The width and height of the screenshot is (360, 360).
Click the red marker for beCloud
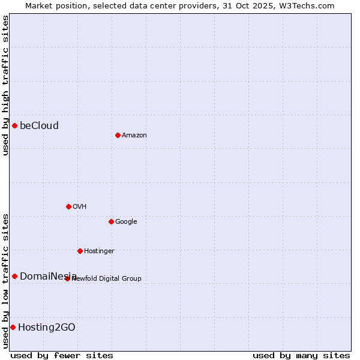pyautogui.click(x=14, y=125)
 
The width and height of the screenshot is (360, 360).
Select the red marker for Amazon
pyautogui.click(x=118, y=135)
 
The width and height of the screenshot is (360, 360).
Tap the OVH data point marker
pyautogui.click(x=68, y=206)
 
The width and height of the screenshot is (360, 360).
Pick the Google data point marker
pyautogui.click(x=111, y=221)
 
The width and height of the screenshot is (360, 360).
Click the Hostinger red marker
pyautogui.click(x=80, y=251)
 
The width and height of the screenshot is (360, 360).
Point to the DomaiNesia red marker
pyautogui.click(x=14, y=276)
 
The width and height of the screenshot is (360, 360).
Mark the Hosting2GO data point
pyautogui.click(x=13, y=327)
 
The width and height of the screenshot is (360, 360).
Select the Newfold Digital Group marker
pyautogui.click(x=67, y=278)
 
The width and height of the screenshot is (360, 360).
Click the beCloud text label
pyautogui.click(x=39, y=125)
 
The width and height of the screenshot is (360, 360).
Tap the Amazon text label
pyautogui.click(x=134, y=136)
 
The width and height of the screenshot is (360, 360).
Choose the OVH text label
pyautogui.click(x=80, y=207)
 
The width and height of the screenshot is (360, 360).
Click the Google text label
pyautogui.click(x=126, y=222)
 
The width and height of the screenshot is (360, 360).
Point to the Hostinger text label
pyautogui.click(x=99, y=251)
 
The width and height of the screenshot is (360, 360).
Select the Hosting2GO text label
pyautogui.click(x=47, y=327)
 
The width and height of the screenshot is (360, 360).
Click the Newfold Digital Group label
pyautogui.click(x=107, y=279)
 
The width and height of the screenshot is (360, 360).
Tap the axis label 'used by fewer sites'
pyautogui.click(x=62, y=355)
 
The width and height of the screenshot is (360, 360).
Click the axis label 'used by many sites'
pyautogui.click(x=301, y=355)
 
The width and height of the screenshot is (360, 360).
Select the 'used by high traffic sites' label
pyautogui.click(x=5, y=85)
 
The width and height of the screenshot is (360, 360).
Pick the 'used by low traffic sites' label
pyautogui.click(x=5, y=280)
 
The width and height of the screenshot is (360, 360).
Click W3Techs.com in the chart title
pyautogui.click(x=307, y=5)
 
